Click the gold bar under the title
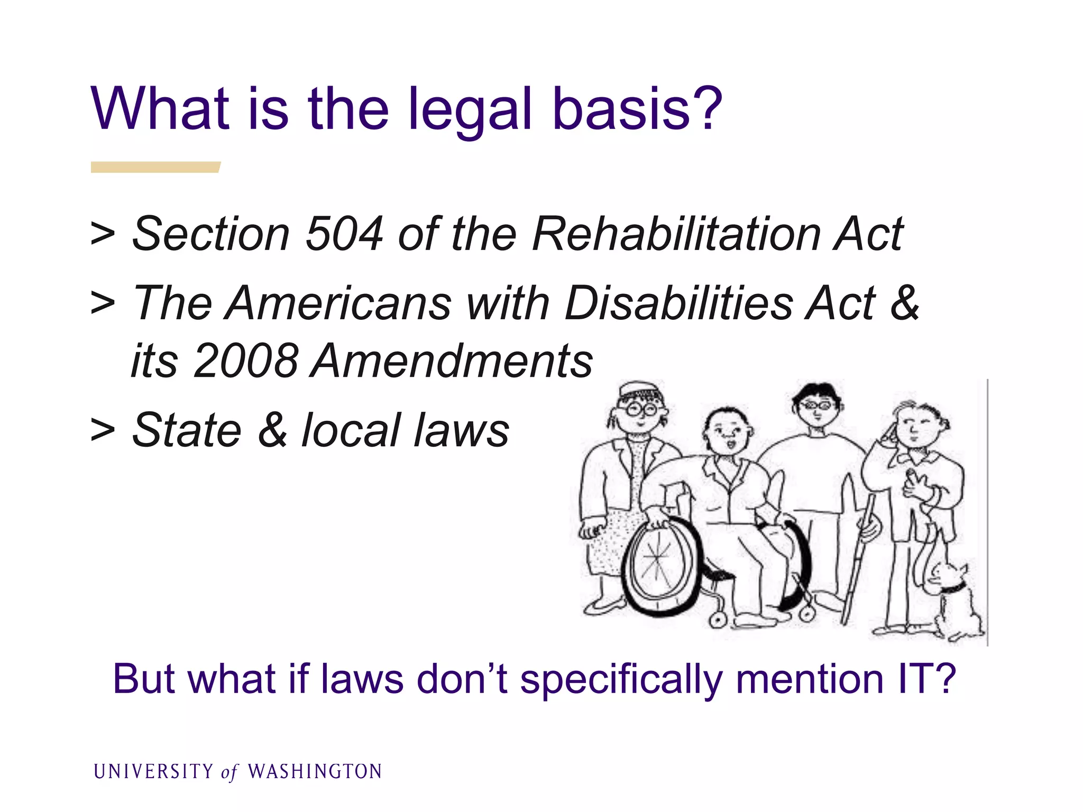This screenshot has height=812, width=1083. click(155, 167)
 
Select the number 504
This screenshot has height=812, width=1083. click(344, 234)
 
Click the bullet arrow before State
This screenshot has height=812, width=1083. click(103, 429)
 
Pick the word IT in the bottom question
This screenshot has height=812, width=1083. click(915, 679)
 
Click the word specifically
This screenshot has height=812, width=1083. click(621, 680)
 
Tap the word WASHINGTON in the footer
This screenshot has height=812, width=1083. click(315, 771)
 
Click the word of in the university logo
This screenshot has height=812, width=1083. click(230, 772)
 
